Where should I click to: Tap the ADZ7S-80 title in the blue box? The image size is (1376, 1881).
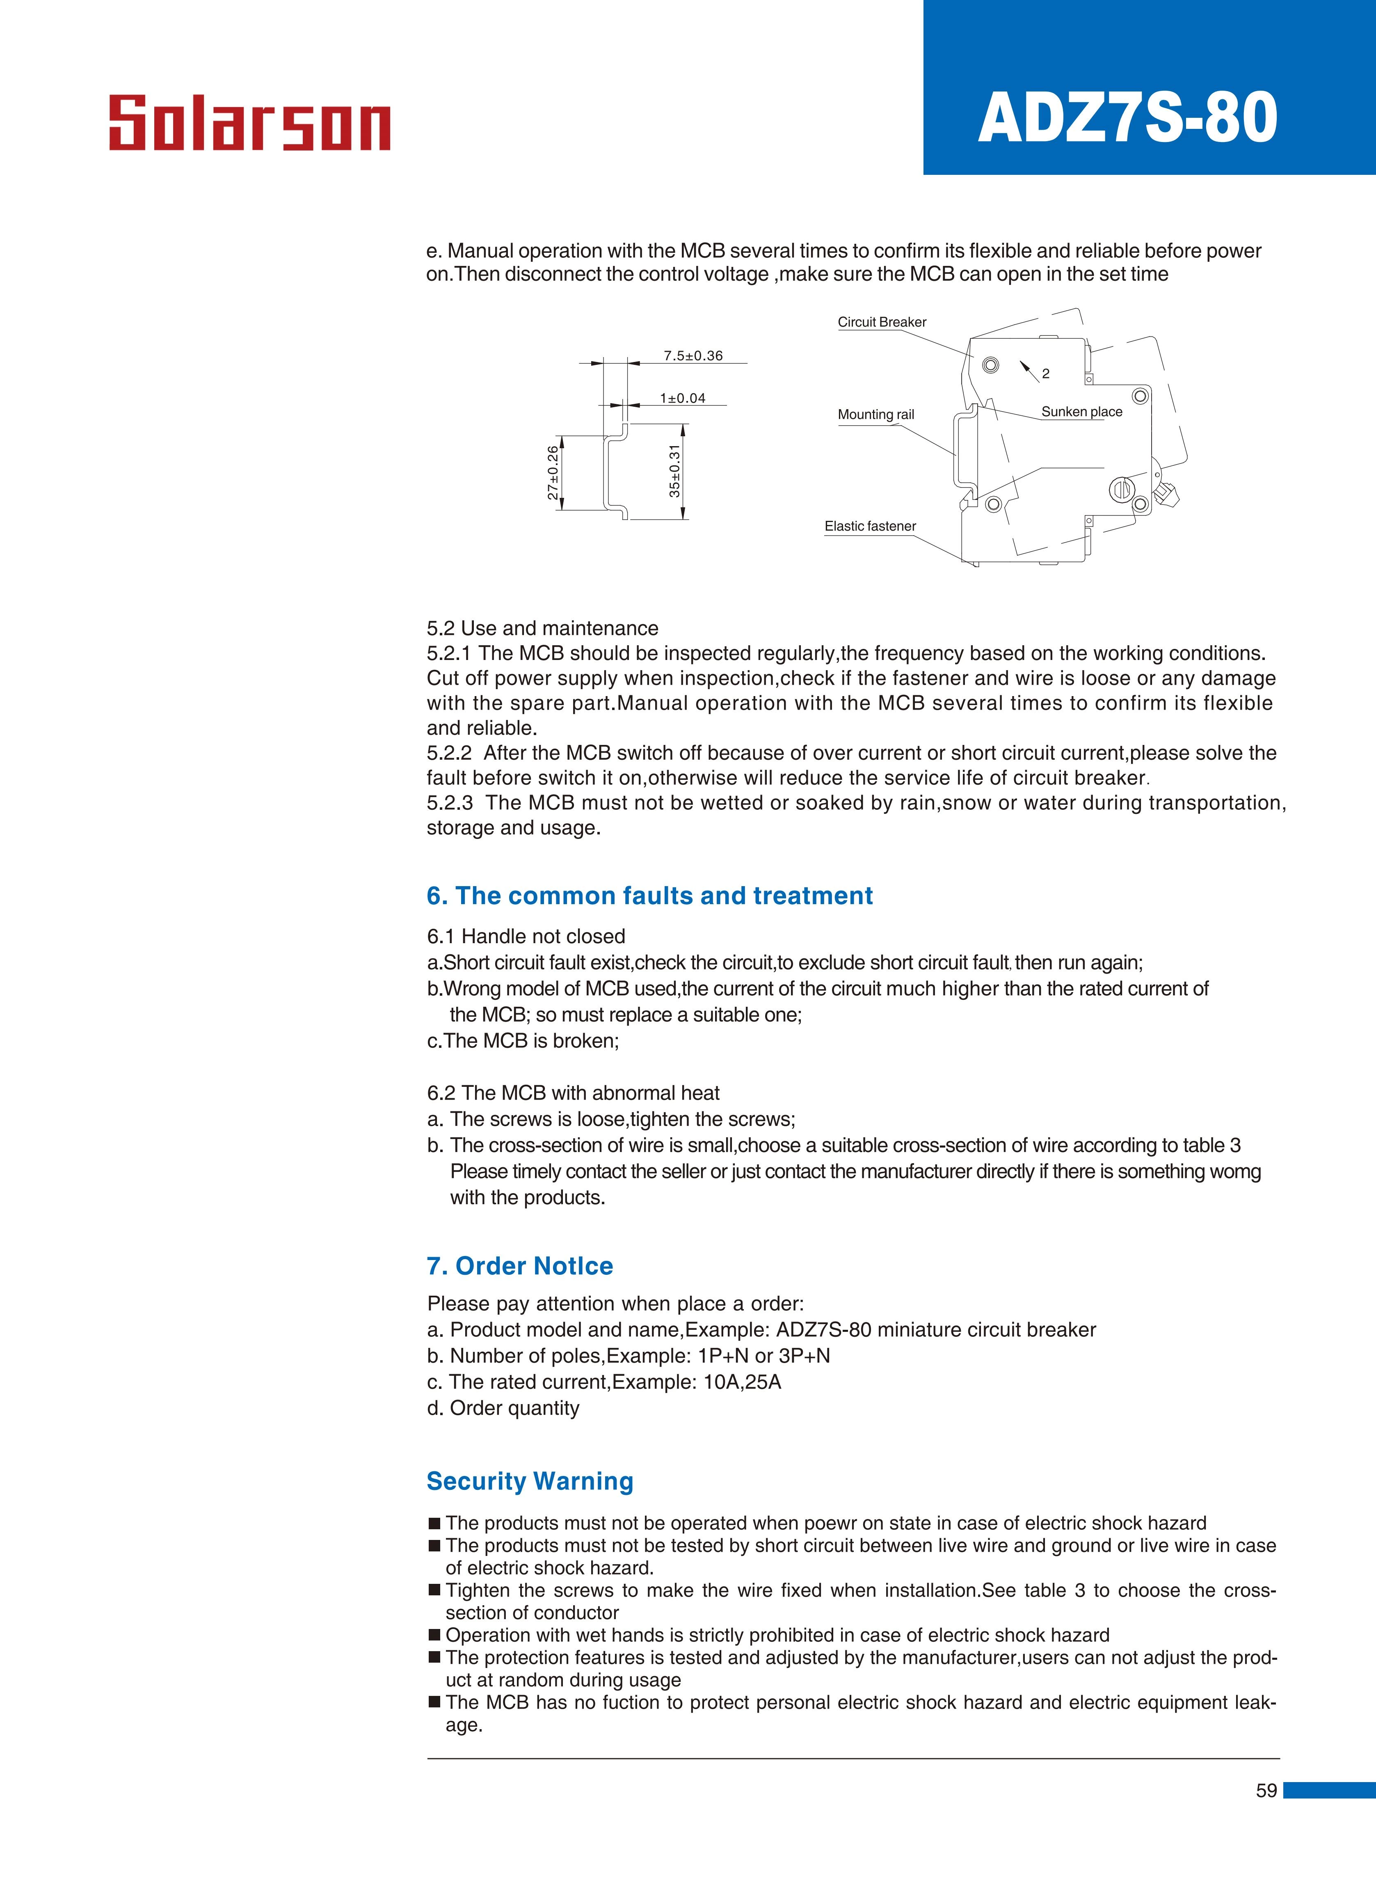(1128, 118)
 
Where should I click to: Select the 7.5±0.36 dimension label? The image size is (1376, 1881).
(693, 356)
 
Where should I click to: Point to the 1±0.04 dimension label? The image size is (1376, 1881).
(682, 398)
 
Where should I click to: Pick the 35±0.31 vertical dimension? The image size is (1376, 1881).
(675, 472)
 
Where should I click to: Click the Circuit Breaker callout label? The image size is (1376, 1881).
(881, 322)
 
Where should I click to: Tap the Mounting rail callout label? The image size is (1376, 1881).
(875, 415)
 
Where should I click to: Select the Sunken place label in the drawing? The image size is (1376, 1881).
(1081, 412)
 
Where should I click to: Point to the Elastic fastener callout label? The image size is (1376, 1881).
(870, 527)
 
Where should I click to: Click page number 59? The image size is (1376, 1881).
(1266, 1790)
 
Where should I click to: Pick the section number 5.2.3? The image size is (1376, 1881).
(450, 803)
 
